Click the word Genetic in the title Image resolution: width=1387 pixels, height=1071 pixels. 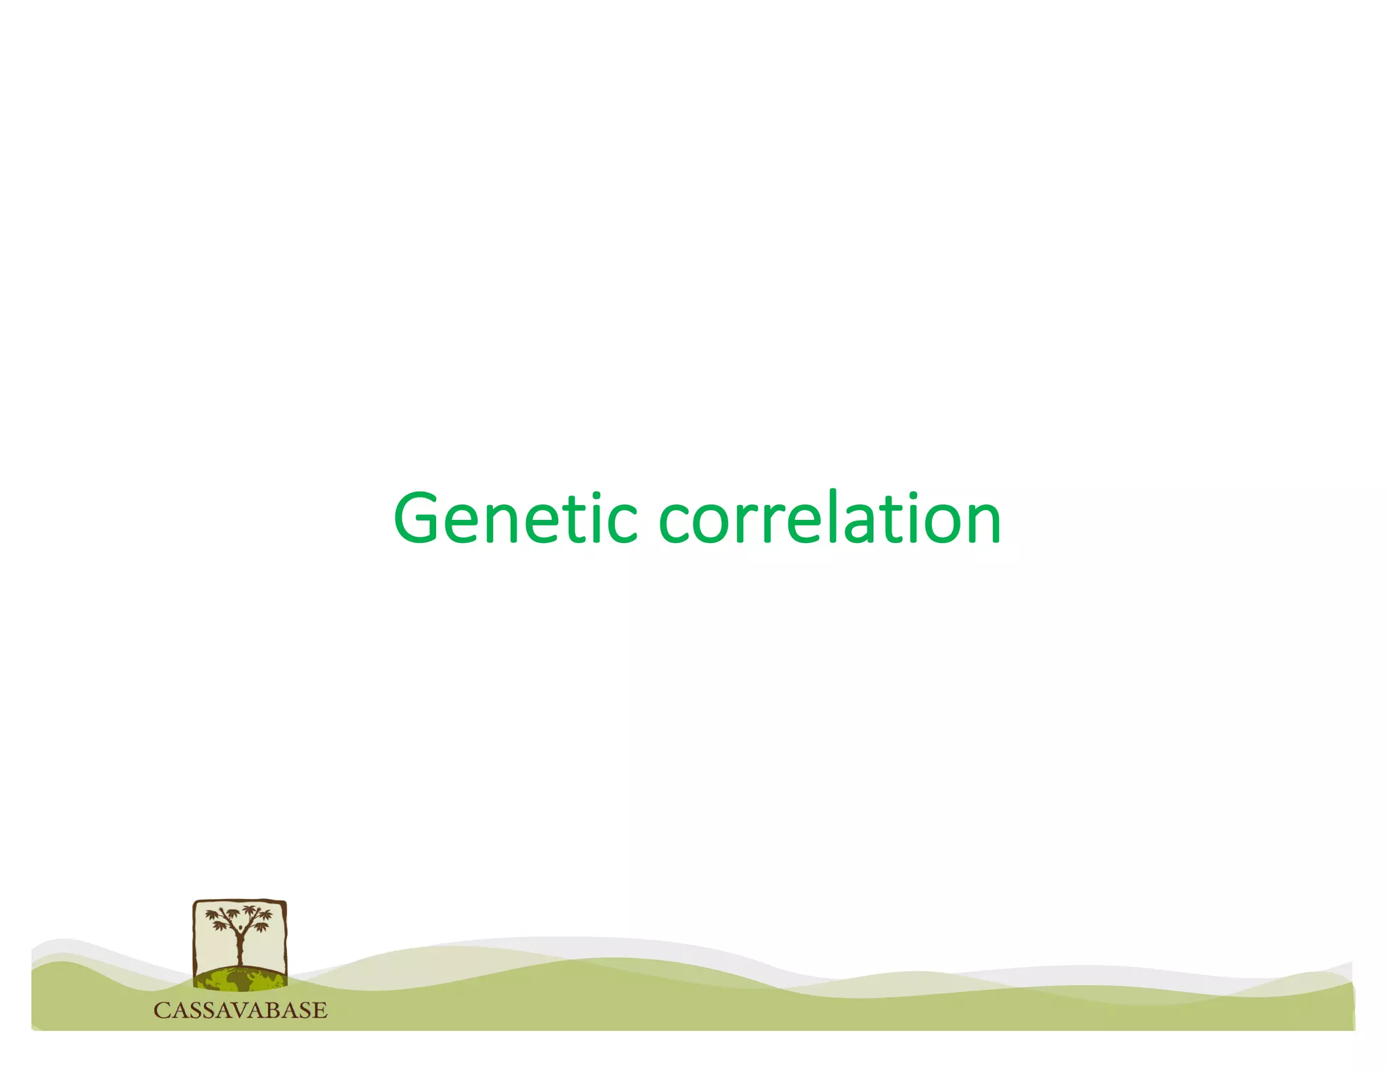click(x=515, y=519)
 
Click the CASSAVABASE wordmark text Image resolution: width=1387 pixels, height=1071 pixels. click(x=240, y=1011)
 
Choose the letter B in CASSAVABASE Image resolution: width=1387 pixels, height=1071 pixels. click(x=270, y=1011)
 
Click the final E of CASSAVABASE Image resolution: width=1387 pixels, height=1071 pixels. click(x=320, y=1011)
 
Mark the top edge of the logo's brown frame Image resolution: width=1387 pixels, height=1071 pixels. click(x=240, y=901)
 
